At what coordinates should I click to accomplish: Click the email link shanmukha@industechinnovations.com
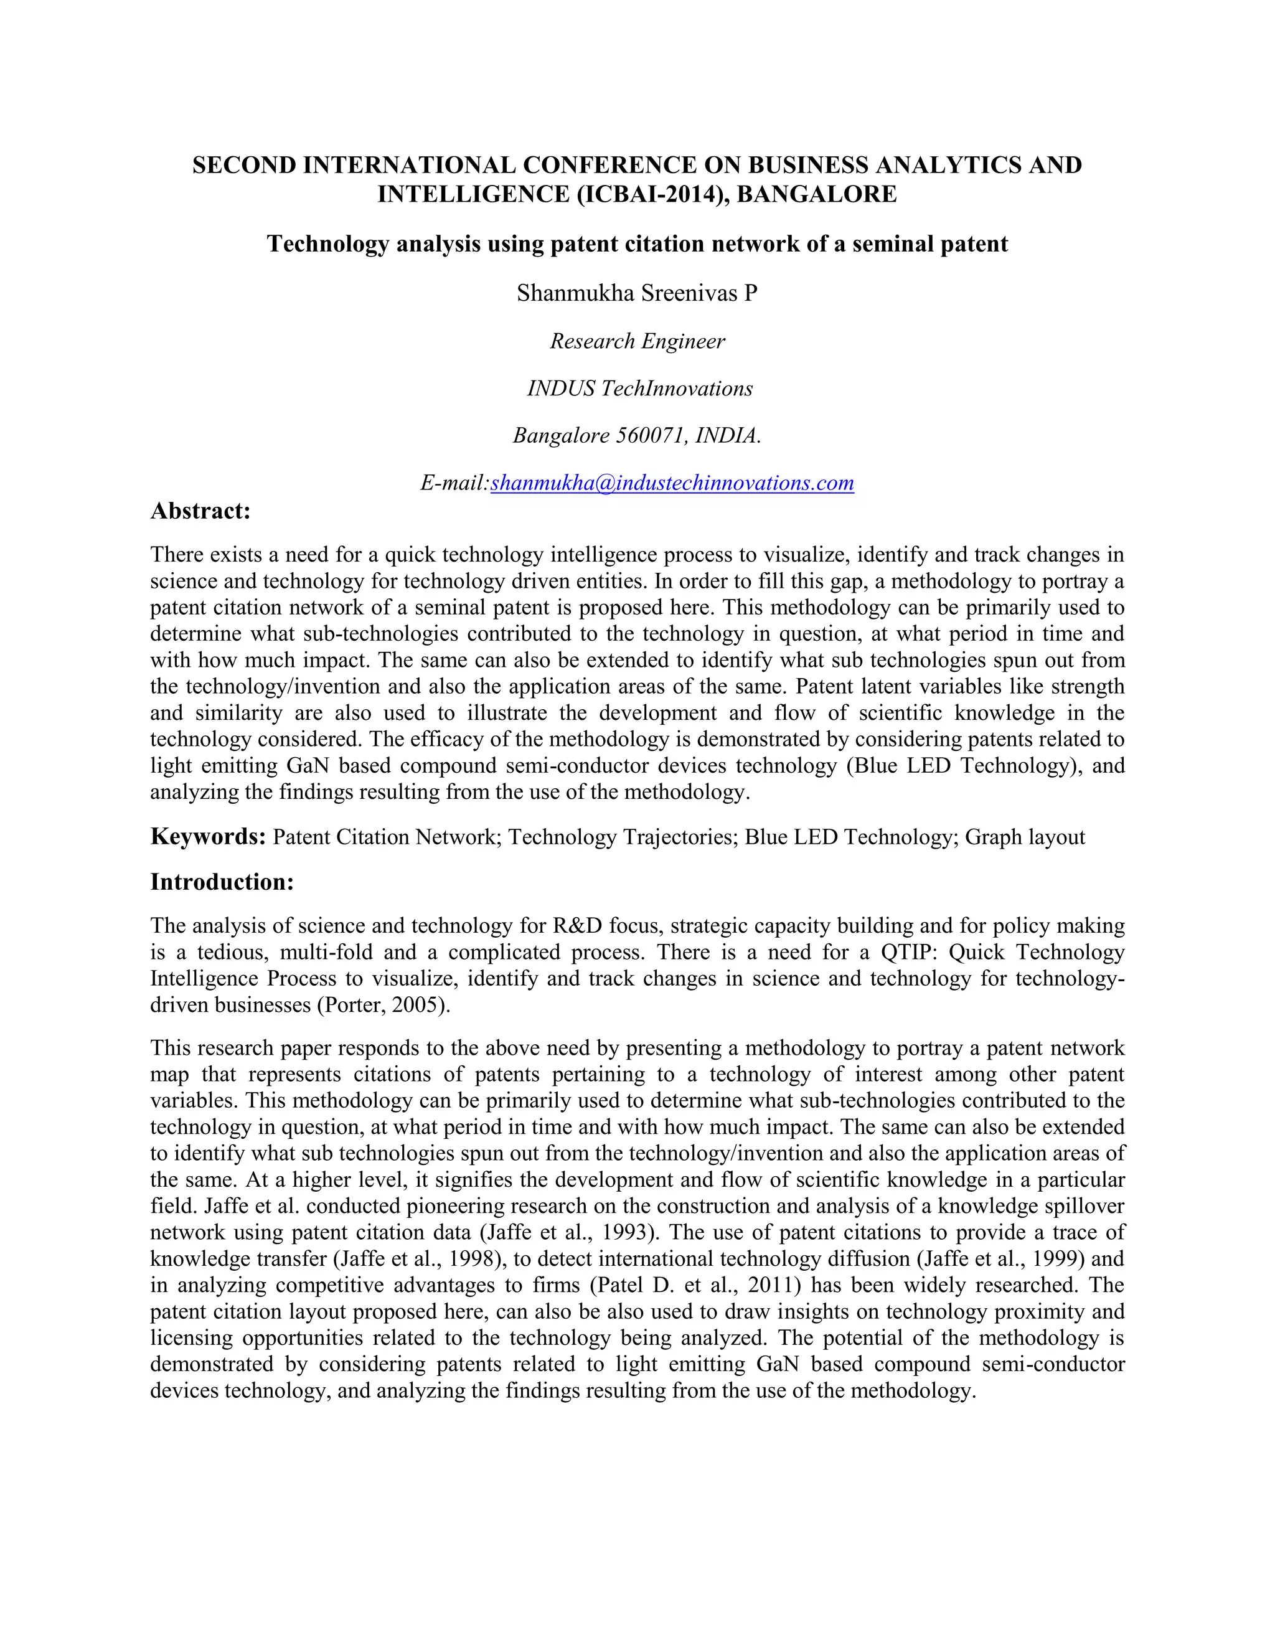672,483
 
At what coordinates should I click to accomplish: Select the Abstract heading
200,511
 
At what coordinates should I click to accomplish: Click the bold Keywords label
208,836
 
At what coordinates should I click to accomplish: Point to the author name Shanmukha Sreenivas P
637,293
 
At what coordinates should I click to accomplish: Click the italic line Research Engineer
637,341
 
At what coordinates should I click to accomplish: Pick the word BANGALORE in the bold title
817,194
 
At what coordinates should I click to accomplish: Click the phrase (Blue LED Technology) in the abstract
961,766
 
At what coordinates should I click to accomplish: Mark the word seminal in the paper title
892,244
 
